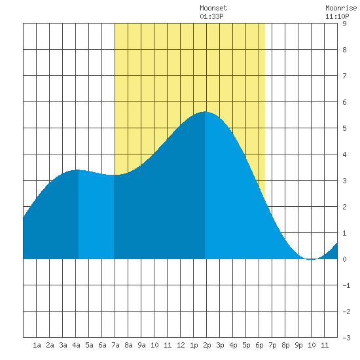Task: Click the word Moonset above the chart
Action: [213, 8]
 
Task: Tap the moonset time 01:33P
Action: [211, 16]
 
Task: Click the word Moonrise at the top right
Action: [341, 8]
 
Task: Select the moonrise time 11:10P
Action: [337, 16]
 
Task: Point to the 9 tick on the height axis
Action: [344, 24]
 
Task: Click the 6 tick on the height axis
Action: [344, 102]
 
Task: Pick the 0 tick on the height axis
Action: [344, 259]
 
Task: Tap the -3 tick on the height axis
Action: [346, 338]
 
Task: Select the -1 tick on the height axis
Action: [346, 285]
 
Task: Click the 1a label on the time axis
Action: [37, 345]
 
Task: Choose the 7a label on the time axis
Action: [115, 345]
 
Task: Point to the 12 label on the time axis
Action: [181, 345]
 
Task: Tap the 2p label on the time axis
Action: [207, 345]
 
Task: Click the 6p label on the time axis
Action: [259, 345]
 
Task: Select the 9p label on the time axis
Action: [298, 345]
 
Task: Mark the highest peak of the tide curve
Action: [205, 112]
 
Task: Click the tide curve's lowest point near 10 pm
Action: [312, 259]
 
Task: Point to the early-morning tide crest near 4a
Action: [78, 170]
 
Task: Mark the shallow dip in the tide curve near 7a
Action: [114, 175]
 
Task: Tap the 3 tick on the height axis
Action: [344, 181]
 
